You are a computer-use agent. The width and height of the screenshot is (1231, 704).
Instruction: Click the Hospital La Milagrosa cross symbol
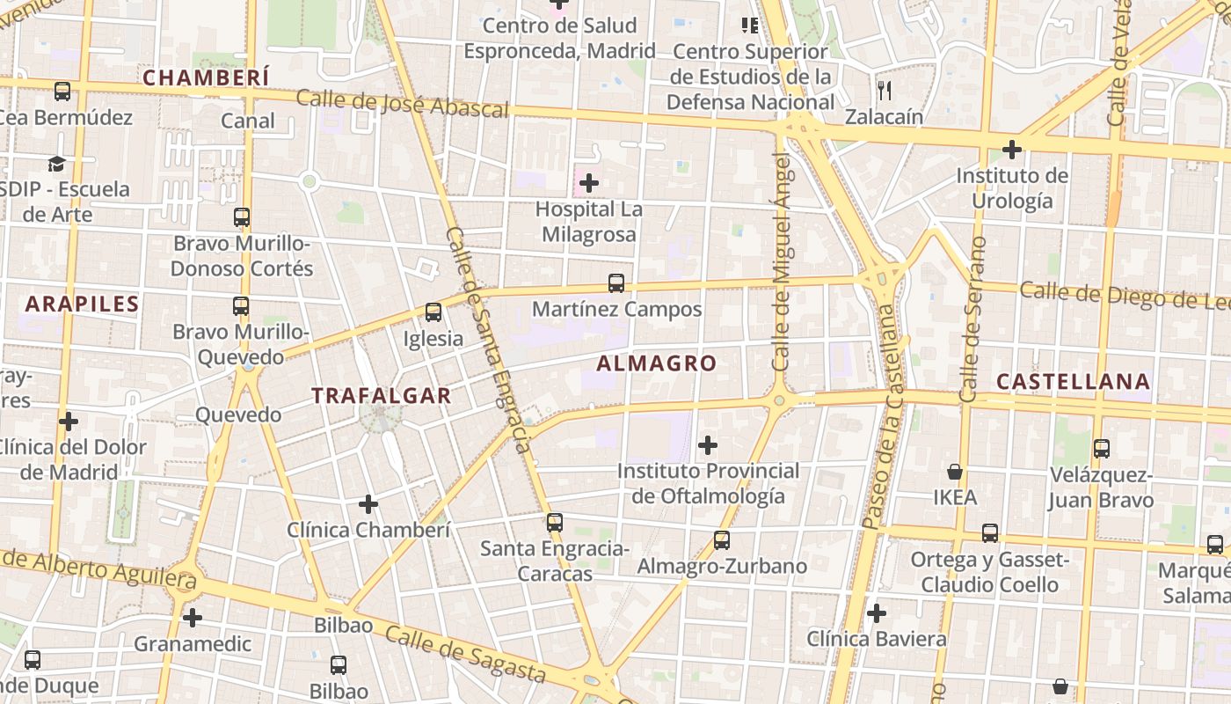[x=589, y=183]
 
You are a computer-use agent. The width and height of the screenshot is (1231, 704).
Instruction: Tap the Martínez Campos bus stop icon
[x=616, y=283]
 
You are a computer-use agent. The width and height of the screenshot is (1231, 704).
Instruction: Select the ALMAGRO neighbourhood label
[x=656, y=363]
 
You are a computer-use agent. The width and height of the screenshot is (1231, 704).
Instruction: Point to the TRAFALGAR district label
[x=382, y=396]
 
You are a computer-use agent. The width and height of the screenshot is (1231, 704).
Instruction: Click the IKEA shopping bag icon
[x=955, y=473]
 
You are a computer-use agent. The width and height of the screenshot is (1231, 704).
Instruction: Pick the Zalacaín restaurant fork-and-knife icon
[x=885, y=90]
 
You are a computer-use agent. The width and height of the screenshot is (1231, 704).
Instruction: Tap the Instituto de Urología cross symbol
[x=1012, y=150]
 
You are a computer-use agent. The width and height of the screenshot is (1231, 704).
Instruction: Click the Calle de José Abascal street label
[x=402, y=103]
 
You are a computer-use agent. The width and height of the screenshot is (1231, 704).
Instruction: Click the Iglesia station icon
[x=433, y=312]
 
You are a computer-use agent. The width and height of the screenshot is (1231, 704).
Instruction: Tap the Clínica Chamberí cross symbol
[x=368, y=504]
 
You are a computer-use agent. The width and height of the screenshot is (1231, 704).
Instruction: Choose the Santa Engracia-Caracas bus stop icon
[x=554, y=523]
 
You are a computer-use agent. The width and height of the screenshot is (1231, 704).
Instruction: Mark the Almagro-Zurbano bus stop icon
[x=722, y=540]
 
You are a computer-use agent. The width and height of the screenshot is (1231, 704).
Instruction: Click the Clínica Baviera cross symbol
[x=876, y=613]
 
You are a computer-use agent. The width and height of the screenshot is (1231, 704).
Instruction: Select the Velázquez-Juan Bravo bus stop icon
[x=1101, y=449]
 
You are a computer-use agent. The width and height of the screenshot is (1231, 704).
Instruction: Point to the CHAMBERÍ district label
[x=206, y=78]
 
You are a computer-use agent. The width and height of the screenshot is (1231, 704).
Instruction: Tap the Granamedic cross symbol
[x=193, y=618]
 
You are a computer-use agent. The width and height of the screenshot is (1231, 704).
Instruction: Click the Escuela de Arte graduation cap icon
[x=57, y=164]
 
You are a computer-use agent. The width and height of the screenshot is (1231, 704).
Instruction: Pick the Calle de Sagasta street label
[x=465, y=655]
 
